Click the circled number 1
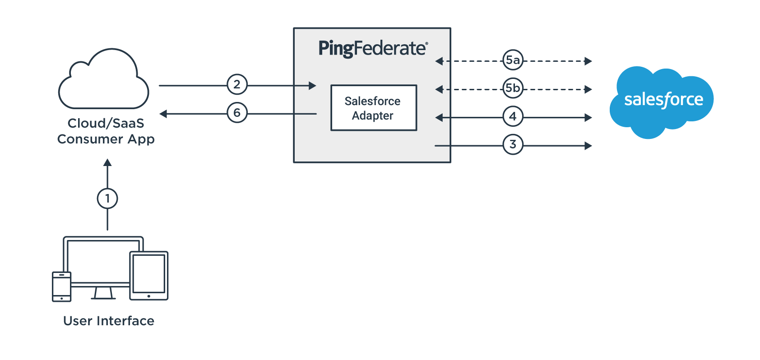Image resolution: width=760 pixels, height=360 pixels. [x=107, y=198]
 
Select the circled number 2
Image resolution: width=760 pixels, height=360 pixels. [x=237, y=84]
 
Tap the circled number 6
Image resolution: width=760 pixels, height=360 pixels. [x=237, y=113]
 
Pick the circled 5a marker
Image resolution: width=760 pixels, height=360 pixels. [x=513, y=60]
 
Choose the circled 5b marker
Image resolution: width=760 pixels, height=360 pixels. [x=513, y=88]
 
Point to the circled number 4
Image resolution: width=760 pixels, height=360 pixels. [x=513, y=116]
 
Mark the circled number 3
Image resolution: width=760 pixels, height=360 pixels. [x=513, y=144]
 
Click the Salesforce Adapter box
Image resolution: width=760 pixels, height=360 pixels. [x=373, y=108]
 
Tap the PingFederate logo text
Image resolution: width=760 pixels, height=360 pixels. [x=373, y=48]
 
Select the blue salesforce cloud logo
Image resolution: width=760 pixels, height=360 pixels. [x=662, y=101]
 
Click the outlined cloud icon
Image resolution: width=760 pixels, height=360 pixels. [x=104, y=81]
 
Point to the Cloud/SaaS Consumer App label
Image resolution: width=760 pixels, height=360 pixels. [x=106, y=131]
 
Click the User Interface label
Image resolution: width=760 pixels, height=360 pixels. [x=109, y=321]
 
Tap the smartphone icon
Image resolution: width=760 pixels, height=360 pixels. [x=62, y=286]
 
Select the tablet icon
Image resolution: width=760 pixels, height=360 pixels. [x=149, y=275]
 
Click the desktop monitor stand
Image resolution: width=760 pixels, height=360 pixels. [x=103, y=293]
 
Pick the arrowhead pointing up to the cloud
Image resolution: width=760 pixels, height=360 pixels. [x=107, y=163]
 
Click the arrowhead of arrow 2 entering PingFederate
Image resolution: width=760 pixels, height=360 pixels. [x=312, y=85]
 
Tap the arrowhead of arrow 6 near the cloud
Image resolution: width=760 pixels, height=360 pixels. [x=163, y=114]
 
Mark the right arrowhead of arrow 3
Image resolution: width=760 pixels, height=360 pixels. [x=588, y=146]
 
